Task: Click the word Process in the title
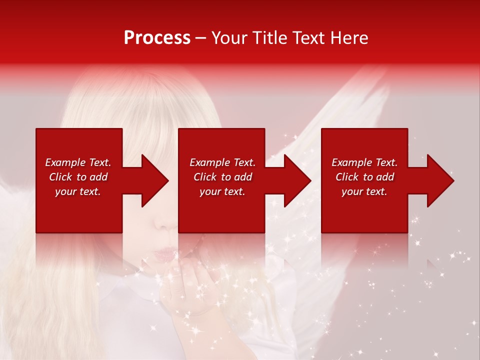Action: [157, 38]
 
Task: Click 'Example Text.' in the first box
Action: [78, 162]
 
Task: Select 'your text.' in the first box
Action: [78, 191]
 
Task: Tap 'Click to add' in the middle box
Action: [222, 177]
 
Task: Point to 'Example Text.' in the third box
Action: [364, 162]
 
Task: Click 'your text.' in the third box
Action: [364, 191]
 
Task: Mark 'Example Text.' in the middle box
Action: [222, 162]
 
